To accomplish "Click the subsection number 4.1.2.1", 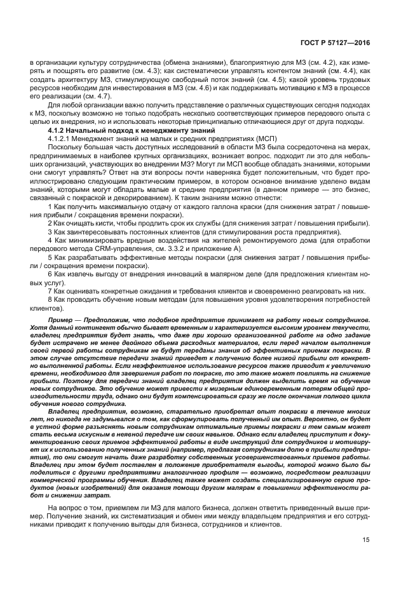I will [61, 138].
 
